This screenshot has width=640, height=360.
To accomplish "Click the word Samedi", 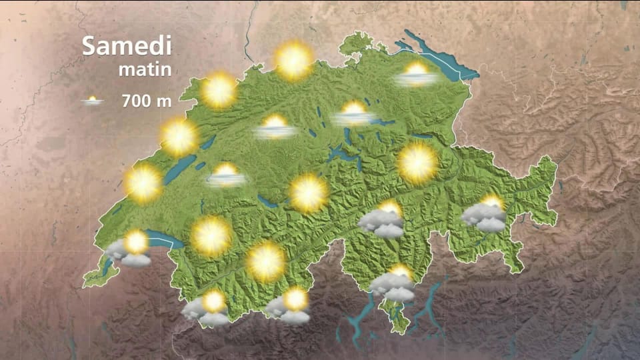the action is pyautogui.click(x=127, y=46).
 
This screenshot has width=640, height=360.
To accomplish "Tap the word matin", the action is pyautogui.click(x=145, y=69).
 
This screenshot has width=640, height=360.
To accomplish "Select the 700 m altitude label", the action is pyautogui.click(x=147, y=101).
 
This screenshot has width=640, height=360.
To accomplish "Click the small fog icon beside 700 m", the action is pyautogui.click(x=93, y=101).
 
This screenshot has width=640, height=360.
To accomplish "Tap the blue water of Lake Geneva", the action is pyautogui.click(x=160, y=237).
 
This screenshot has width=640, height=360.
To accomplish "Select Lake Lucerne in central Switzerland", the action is pyautogui.click(x=343, y=155).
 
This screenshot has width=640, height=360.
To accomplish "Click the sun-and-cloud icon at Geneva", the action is pyautogui.click(x=130, y=248).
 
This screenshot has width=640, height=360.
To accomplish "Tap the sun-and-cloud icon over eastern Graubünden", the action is pyautogui.click(x=486, y=213).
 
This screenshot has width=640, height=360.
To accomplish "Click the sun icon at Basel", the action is pyautogui.click(x=293, y=61).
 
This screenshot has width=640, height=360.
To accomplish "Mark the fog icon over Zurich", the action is pyautogui.click(x=355, y=114).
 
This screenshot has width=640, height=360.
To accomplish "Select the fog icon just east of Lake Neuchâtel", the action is pyautogui.click(x=226, y=175).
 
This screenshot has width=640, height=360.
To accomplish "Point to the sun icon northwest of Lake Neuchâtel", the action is pyautogui.click(x=179, y=137).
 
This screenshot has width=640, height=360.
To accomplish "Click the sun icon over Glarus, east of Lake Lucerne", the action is pyautogui.click(x=417, y=163).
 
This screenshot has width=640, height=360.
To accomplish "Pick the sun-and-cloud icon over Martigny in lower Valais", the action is pyautogui.click(x=207, y=308).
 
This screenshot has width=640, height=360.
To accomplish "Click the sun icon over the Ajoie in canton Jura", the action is pyautogui.click(x=219, y=91).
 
